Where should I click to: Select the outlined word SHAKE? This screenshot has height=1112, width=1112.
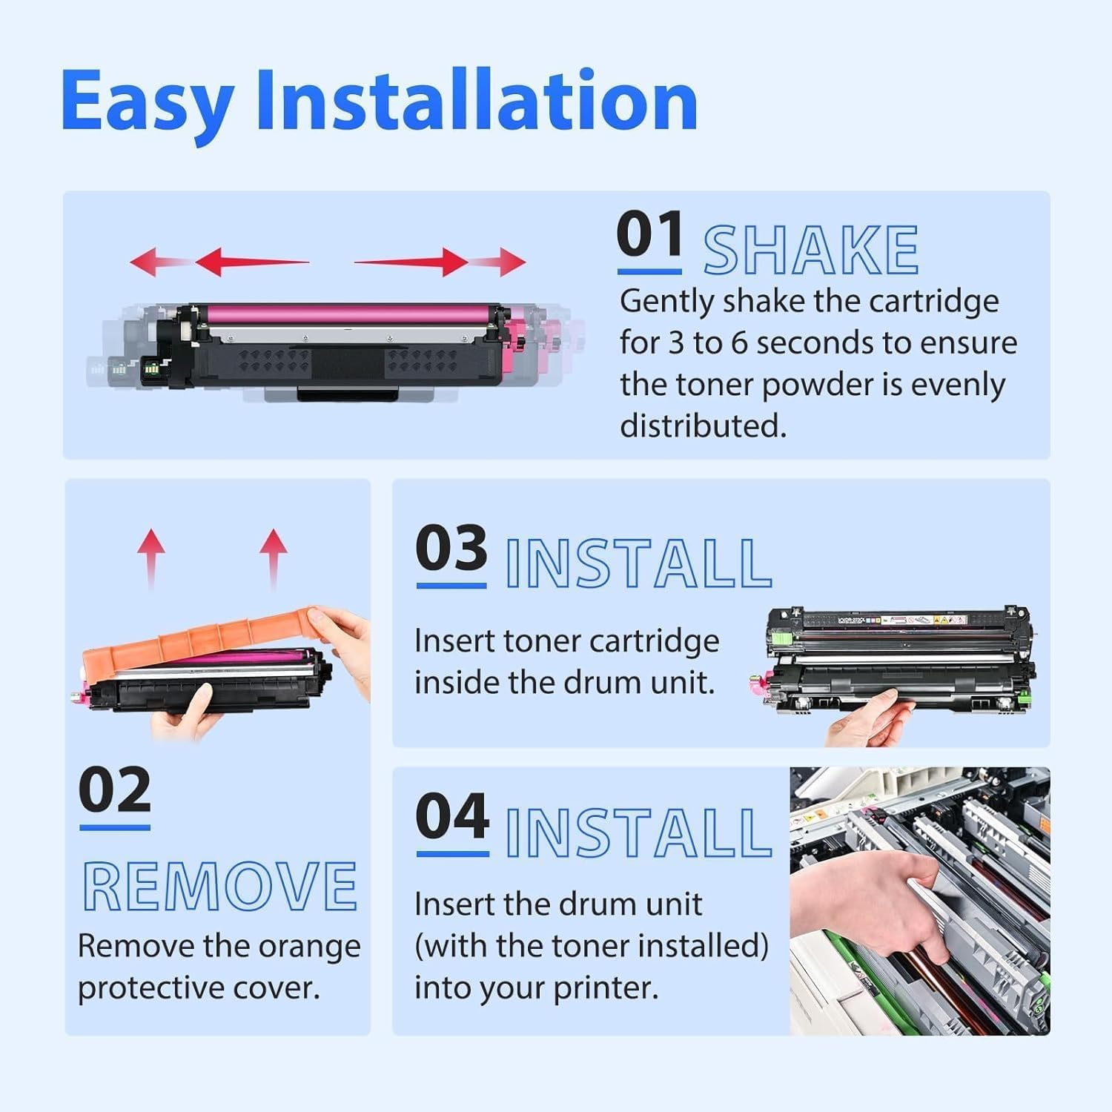pos(810,251)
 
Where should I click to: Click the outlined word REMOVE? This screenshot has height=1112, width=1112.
pos(219,887)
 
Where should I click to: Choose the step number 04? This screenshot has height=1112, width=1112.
pos(452,816)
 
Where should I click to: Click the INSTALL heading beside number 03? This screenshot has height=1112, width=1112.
pos(638,564)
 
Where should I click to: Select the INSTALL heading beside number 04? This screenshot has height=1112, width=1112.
pos(638,833)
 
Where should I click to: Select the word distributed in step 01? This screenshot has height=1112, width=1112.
pos(702,426)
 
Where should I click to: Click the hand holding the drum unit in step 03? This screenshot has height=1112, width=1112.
pos(867,719)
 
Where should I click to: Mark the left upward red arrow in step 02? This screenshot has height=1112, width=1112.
pos(151,556)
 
